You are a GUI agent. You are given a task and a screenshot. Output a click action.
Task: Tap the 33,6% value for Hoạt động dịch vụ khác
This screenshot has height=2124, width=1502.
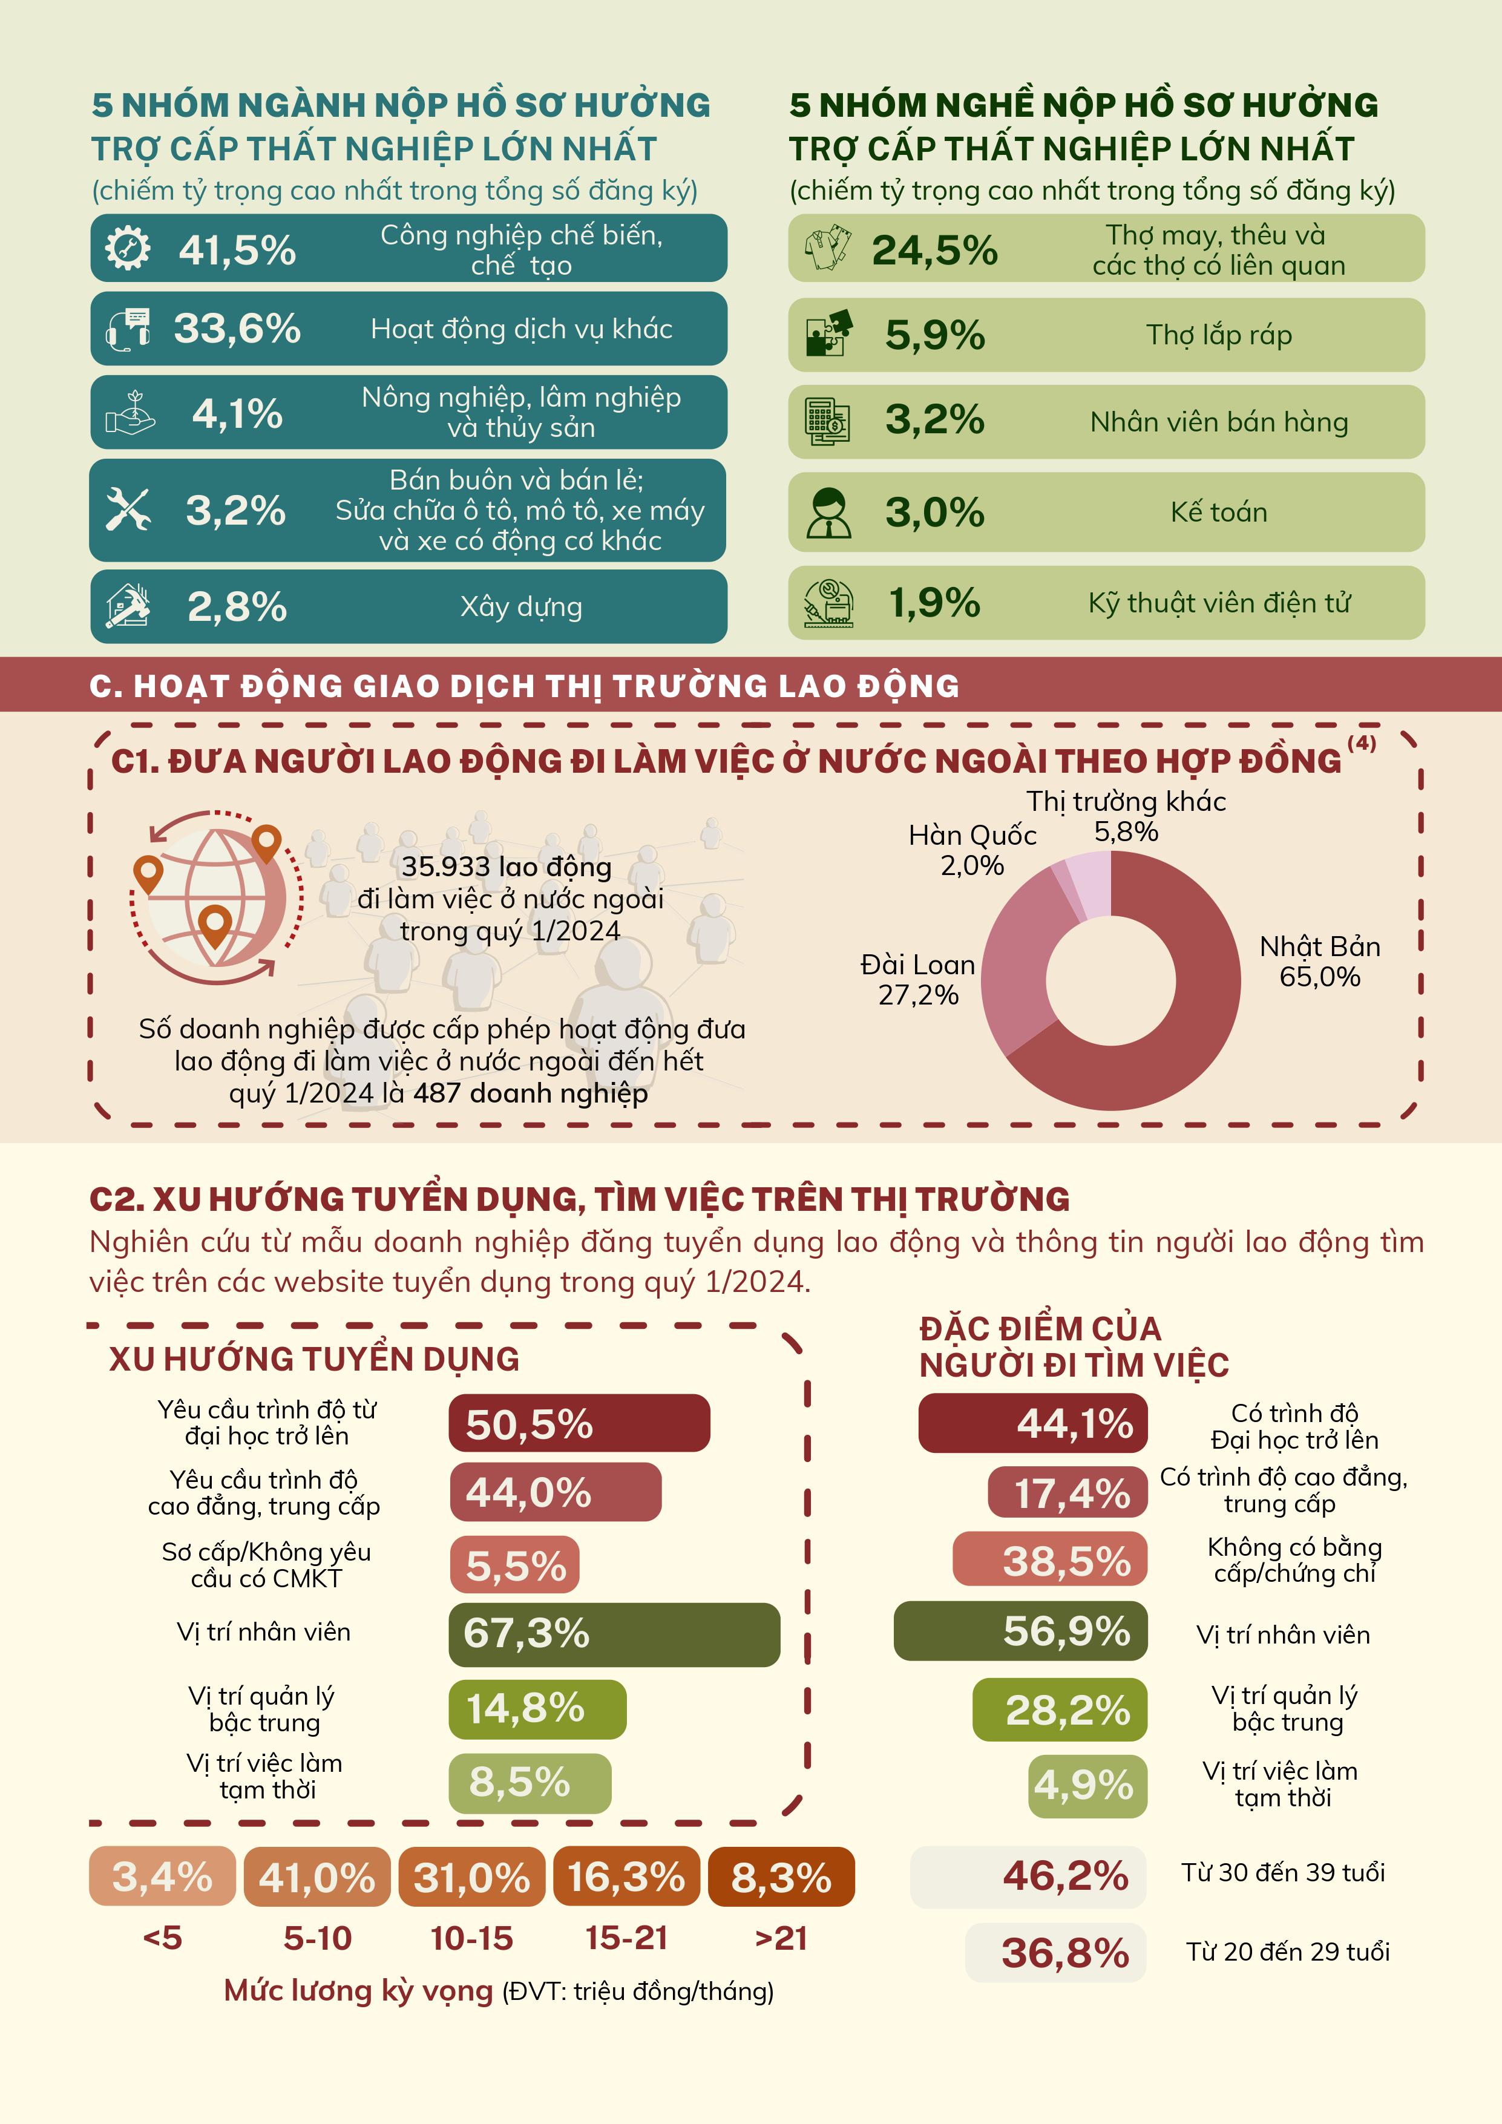[x=238, y=329]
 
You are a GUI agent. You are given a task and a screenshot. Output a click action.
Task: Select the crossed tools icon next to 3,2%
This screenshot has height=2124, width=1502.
[x=128, y=510]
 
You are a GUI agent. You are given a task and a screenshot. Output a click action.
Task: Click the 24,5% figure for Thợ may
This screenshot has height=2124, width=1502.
[x=934, y=250]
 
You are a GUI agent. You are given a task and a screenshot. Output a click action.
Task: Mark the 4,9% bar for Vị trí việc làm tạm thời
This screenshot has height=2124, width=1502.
[x=1087, y=1785]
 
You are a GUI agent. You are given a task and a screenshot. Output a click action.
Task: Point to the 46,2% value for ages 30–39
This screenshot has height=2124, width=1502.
[x=1066, y=1875]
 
